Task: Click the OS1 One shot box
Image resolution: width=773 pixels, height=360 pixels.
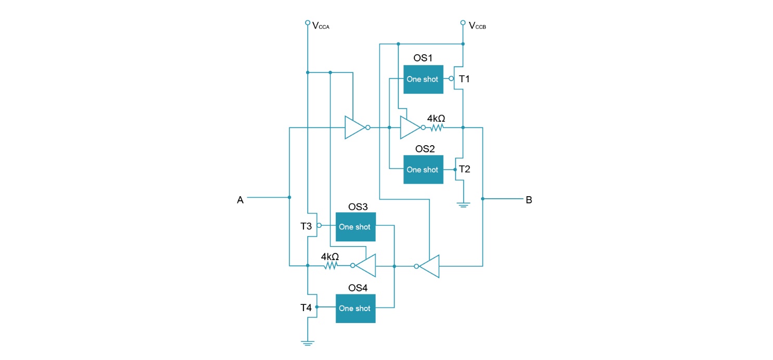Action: pos(423,80)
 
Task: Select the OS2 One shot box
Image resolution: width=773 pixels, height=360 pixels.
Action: pos(423,170)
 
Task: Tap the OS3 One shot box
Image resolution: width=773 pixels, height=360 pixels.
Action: pos(355,227)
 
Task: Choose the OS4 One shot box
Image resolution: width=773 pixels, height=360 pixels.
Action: pos(355,308)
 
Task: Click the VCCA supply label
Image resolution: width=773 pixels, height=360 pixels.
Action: pos(321,25)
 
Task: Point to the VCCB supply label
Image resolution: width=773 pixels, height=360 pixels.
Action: pos(477,25)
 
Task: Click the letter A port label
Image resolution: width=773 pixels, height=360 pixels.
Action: pos(240,200)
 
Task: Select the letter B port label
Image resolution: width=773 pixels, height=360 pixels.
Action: pos(529,200)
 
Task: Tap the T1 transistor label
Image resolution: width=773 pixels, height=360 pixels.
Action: pos(464,79)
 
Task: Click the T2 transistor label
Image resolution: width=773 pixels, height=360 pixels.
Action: pos(464,169)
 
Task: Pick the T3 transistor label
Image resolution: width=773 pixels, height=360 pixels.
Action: pos(306,226)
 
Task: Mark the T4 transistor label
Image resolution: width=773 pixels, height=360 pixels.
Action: pos(306,308)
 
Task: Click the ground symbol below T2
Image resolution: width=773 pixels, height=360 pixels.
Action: pos(463,204)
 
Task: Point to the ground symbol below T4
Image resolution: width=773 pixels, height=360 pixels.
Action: pos(308,342)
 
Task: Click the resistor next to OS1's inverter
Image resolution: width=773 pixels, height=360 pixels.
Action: pos(436,127)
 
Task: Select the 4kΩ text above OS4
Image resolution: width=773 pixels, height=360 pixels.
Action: pos(330,257)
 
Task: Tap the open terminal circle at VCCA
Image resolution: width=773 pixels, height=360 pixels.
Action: pos(308,23)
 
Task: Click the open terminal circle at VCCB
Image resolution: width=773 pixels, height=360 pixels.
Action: pos(463,23)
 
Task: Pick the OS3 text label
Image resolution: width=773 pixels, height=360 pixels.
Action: pos(358,207)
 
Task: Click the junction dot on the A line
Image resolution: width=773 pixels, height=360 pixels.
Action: pos(289,197)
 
